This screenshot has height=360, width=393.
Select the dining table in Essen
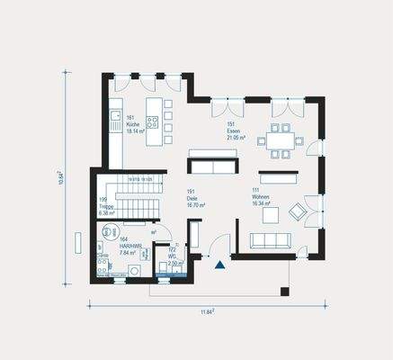point(277,140)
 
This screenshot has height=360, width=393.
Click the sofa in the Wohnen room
point(269,239)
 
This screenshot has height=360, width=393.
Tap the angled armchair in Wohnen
point(296,212)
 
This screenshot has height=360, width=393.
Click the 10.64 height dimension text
point(60,178)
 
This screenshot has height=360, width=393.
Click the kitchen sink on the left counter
point(114,115)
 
